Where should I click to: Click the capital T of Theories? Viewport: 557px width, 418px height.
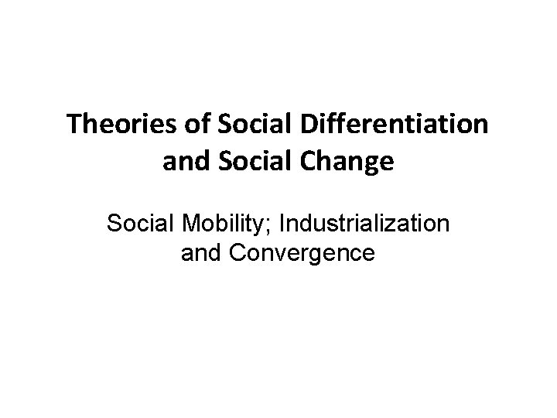(x=73, y=125)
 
